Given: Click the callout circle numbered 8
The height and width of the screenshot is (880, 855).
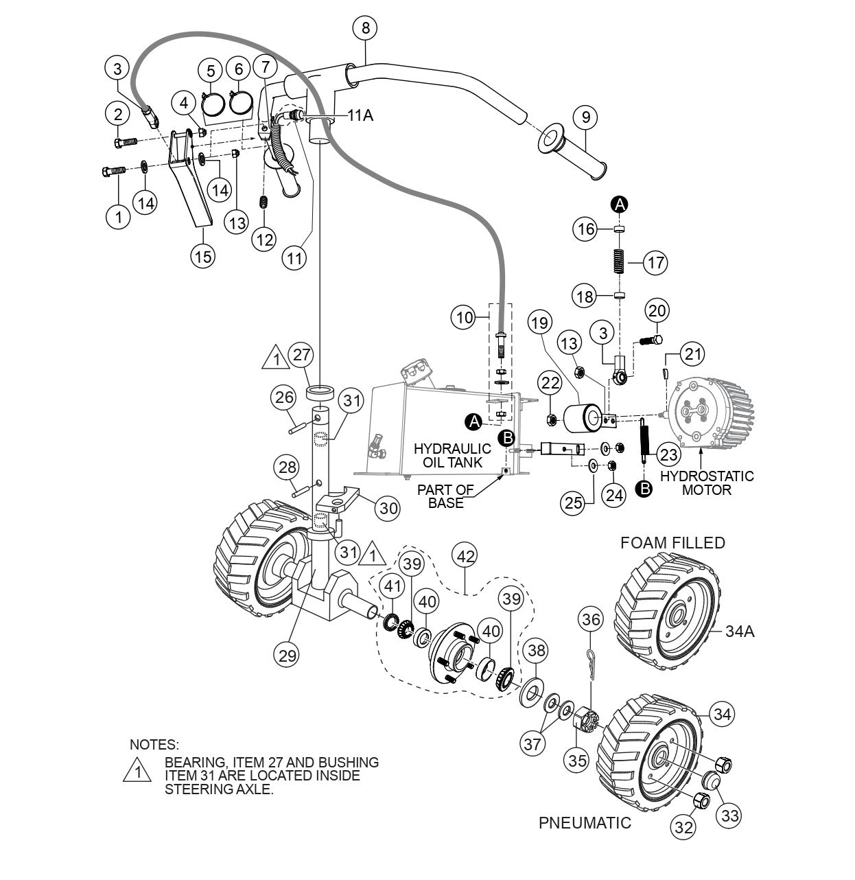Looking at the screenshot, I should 365,28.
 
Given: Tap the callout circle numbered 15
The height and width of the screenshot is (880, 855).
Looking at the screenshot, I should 202,255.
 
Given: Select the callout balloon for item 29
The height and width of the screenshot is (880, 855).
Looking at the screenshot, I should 288,654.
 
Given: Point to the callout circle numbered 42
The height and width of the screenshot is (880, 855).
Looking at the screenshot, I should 466,557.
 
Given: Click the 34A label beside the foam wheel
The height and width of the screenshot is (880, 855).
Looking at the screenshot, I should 740,631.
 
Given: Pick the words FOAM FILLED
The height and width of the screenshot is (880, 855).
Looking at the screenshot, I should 672,543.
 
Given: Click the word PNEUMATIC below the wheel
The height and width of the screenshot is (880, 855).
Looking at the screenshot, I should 585,822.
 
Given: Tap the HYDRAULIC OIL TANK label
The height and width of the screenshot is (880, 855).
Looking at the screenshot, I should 452,455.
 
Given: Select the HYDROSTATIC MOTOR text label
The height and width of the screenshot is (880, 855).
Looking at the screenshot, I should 706,483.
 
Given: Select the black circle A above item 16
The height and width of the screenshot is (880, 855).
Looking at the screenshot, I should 620,204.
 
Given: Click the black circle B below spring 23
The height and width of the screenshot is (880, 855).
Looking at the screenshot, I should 644,489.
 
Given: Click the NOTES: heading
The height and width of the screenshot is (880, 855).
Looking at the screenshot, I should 154,744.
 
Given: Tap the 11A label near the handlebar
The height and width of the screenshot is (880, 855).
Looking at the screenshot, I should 360,115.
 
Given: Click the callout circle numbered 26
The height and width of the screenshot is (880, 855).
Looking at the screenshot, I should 285,397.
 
